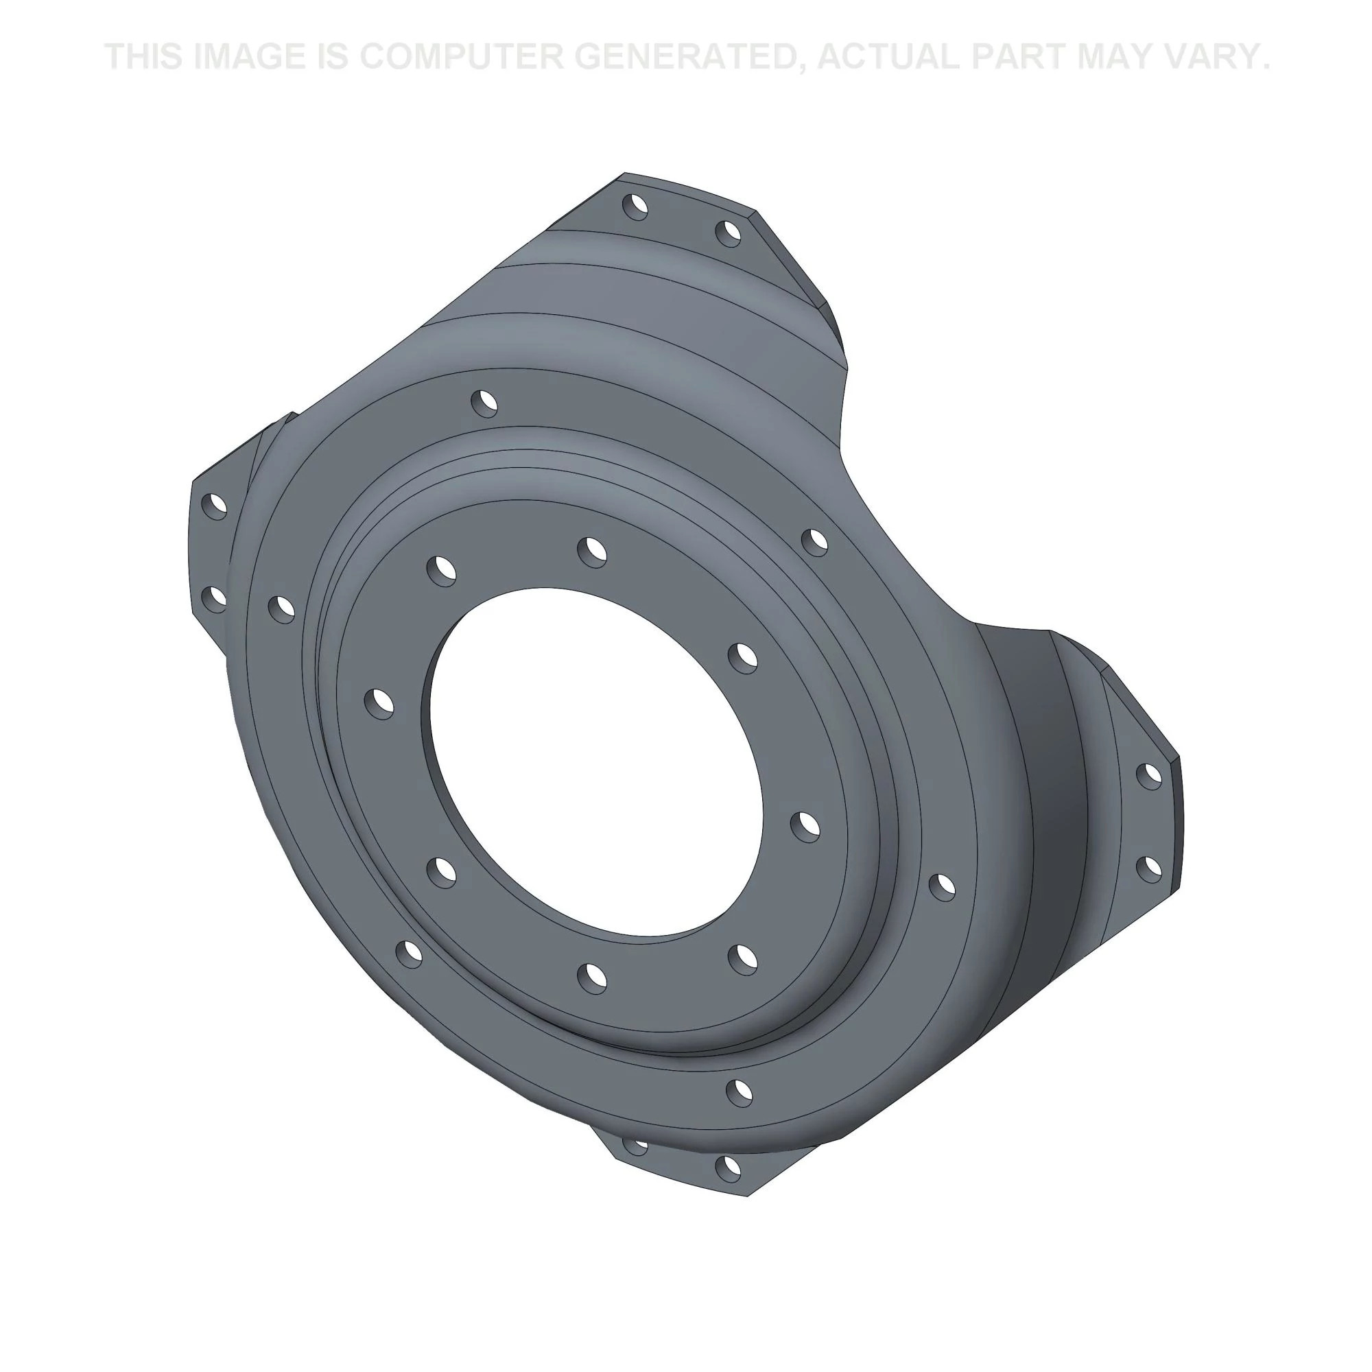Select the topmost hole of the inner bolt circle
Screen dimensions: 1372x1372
coord(591,550)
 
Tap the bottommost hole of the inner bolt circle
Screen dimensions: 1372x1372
coord(591,978)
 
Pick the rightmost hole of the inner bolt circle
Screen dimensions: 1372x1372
coord(805,825)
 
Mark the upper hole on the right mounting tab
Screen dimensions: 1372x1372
coord(1148,776)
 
